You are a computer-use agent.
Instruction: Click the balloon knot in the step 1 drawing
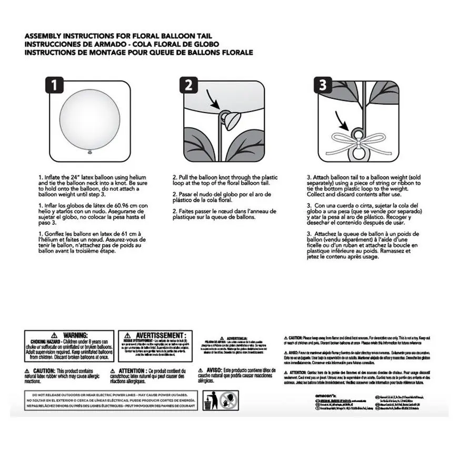pos(89,152)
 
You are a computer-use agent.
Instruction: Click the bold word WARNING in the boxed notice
pos(75,335)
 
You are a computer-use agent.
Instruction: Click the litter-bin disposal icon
pos(209,402)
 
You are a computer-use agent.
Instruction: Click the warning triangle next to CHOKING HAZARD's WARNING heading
pos(55,335)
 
